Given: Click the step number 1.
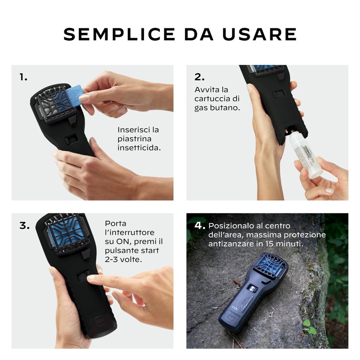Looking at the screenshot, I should (23, 77).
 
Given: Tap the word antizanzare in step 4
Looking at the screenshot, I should (230, 243).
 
